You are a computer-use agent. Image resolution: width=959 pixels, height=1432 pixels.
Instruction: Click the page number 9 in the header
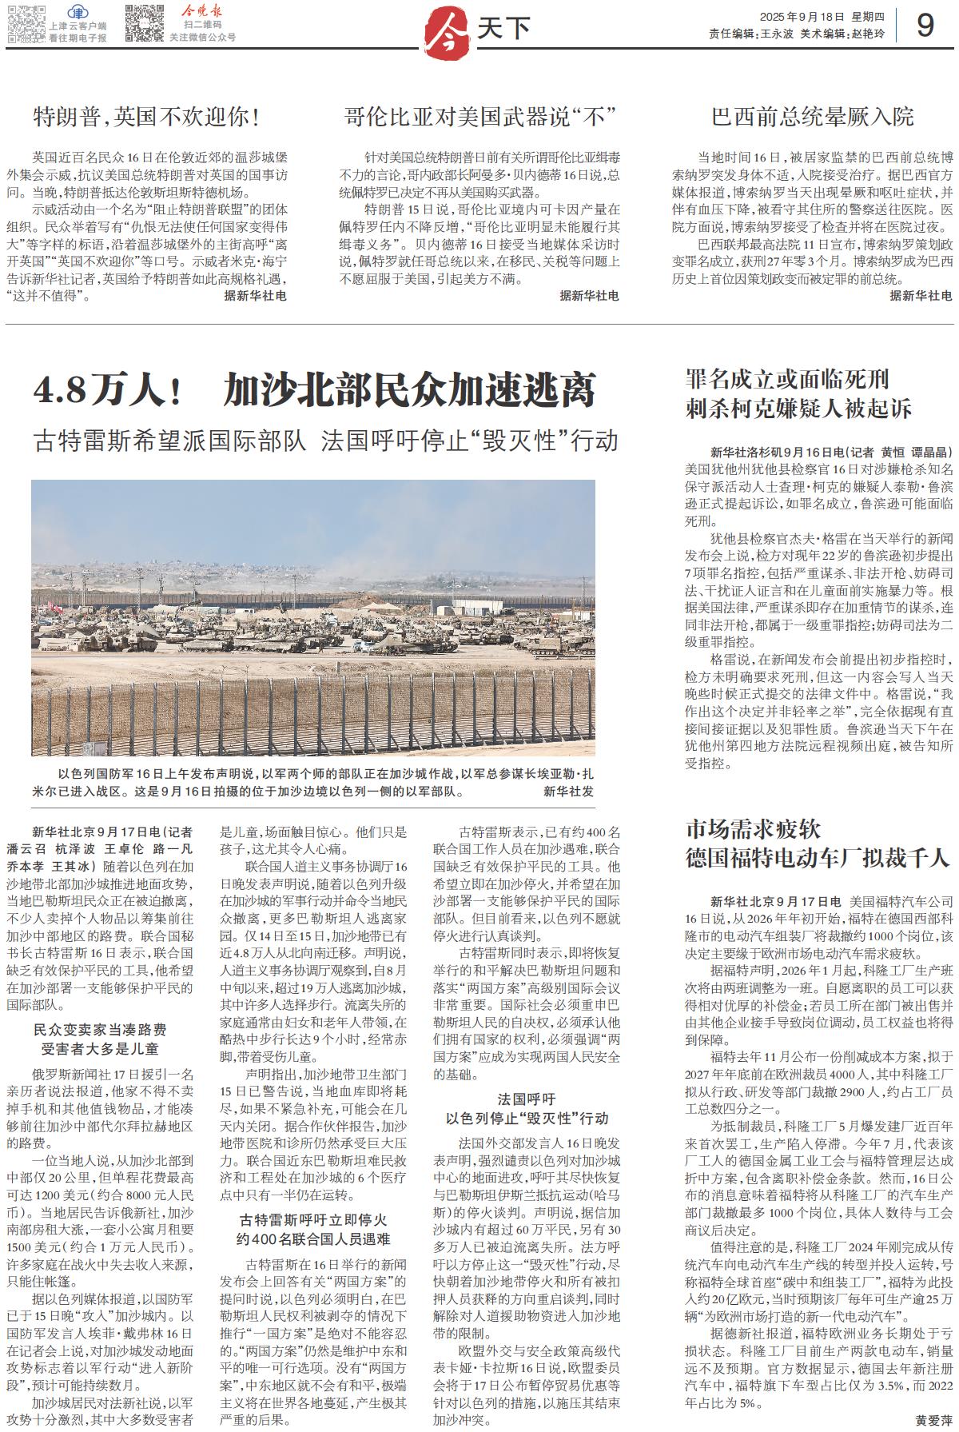tap(925, 26)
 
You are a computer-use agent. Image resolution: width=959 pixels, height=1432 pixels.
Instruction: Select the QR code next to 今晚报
tap(144, 23)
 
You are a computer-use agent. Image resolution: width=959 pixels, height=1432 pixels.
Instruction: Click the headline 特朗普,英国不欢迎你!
tap(147, 118)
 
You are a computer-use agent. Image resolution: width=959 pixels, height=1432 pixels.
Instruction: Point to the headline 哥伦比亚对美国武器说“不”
tap(479, 118)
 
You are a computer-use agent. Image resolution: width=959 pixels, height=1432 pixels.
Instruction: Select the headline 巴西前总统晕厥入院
tap(813, 118)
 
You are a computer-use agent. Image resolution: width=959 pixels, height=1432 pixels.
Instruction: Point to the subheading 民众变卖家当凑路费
tap(100, 1030)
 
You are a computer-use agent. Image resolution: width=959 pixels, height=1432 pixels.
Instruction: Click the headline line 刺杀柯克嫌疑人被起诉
tap(798, 409)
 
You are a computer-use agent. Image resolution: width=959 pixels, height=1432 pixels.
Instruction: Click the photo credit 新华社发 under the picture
tap(568, 792)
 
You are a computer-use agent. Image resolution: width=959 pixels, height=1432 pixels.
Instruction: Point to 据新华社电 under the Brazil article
tap(921, 296)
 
